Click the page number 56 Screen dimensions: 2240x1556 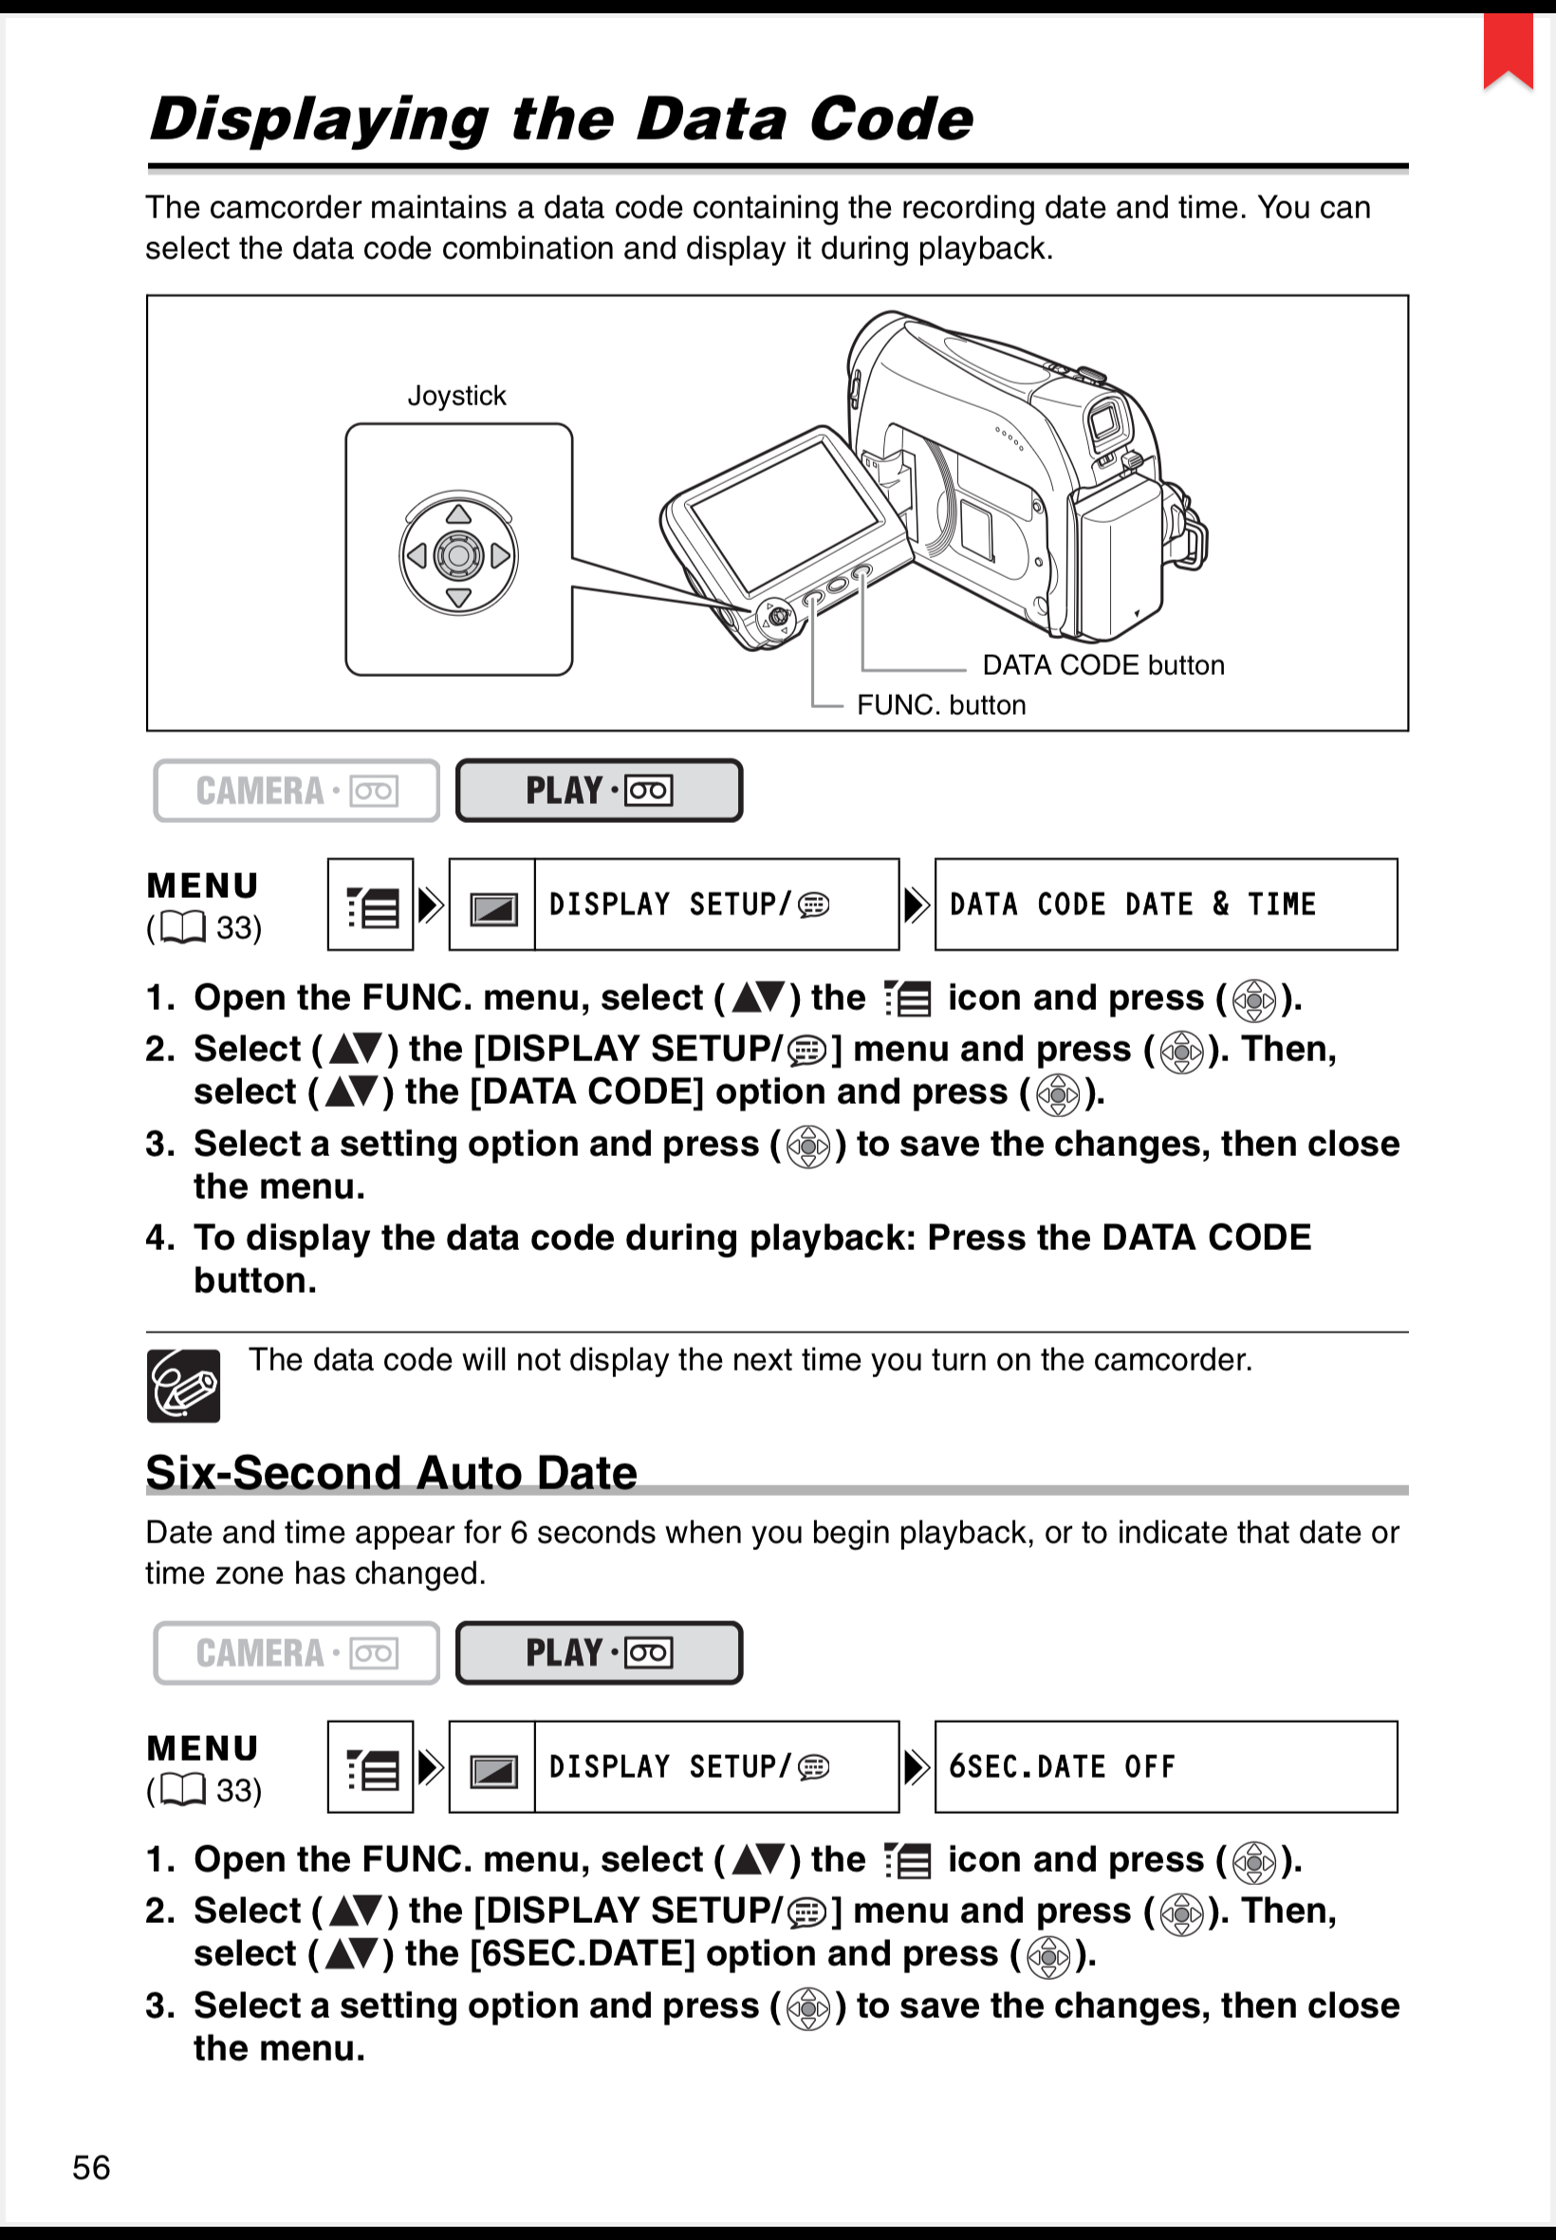point(92,2167)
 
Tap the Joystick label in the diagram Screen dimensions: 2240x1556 point(456,396)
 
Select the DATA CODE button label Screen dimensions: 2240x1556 point(1102,665)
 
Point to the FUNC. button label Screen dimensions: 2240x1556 point(941,705)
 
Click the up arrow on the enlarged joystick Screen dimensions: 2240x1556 point(458,513)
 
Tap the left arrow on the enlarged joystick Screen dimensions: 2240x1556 point(417,556)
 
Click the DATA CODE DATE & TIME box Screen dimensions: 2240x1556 point(1165,905)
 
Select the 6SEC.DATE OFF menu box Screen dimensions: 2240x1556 point(1165,1767)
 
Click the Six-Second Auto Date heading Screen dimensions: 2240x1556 point(391,1472)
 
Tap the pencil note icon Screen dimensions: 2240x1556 point(183,1386)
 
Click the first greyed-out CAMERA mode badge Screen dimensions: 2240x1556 point(296,791)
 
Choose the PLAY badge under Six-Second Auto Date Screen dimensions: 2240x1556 point(599,1652)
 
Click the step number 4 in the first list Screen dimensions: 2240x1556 point(158,1238)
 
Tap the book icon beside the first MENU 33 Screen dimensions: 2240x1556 point(182,927)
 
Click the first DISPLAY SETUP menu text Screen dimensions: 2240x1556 point(688,905)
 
